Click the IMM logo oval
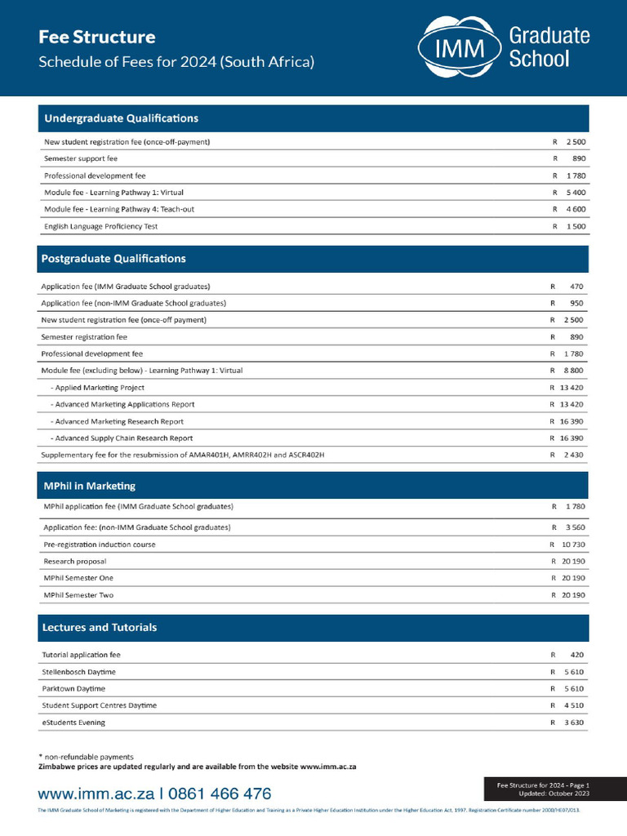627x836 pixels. point(458,47)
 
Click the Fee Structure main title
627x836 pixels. point(97,37)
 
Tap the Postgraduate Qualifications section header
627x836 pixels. point(113,259)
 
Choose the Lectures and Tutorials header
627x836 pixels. point(99,628)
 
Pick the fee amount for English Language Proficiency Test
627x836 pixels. point(574,226)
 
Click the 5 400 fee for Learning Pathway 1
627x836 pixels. point(574,193)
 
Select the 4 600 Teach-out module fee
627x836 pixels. point(574,209)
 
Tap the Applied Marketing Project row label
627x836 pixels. point(97,388)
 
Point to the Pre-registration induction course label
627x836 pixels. point(99,545)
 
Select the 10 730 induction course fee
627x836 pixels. point(569,545)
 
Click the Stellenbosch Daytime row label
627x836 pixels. point(78,672)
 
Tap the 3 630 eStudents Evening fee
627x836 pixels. point(571,723)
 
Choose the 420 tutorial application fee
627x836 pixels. point(576,655)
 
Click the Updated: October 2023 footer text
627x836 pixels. point(555,794)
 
